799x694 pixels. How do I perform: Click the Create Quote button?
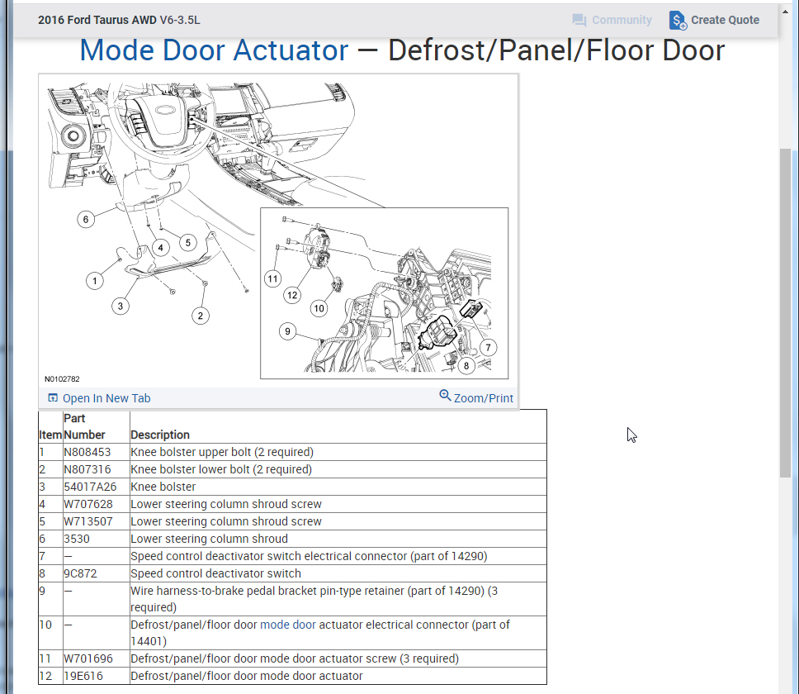tap(715, 21)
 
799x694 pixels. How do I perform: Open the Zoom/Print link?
tap(476, 397)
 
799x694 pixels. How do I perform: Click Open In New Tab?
tap(99, 398)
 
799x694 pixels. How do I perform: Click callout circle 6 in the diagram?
tap(85, 219)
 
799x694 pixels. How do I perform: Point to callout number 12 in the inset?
tap(291, 295)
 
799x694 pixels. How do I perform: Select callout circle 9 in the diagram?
tap(287, 331)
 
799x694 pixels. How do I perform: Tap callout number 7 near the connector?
tap(488, 348)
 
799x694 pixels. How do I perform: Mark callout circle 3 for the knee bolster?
tap(121, 306)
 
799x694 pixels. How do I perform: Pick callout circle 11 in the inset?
tap(273, 279)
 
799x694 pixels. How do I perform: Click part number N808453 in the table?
tap(87, 452)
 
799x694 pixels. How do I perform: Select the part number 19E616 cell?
tap(83, 676)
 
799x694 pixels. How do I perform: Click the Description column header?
tap(160, 435)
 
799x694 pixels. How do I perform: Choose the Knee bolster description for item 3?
tap(163, 487)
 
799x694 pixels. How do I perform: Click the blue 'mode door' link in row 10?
tap(288, 625)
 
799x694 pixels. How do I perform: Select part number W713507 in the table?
tap(87, 521)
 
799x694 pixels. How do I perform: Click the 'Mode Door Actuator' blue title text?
tap(214, 50)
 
